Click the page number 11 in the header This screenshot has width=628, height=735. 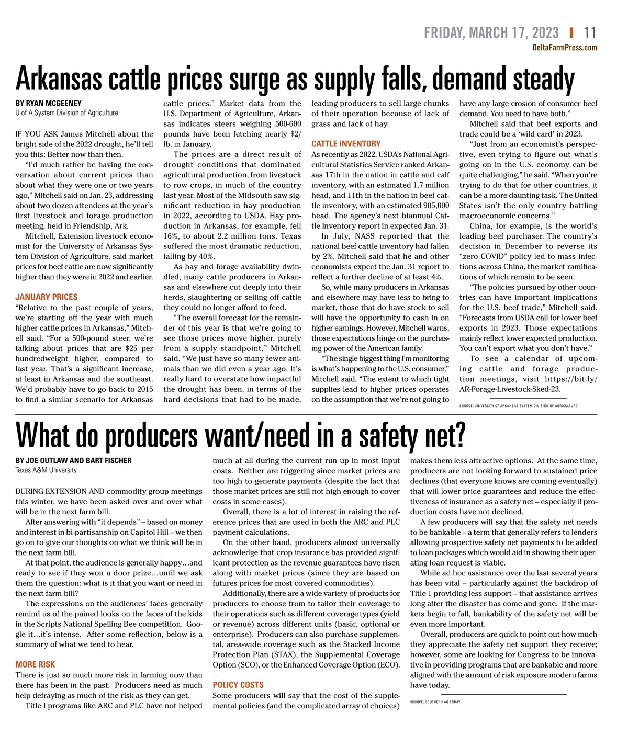pyautogui.click(x=590, y=32)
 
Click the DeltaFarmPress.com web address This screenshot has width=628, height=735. pyautogui.click(x=564, y=48)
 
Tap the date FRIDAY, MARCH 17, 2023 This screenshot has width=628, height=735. pyautogui.click(x=491, y=32)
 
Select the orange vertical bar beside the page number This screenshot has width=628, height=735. pyautogui.click(x=571, y=32)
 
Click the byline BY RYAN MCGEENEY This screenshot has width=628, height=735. pyautogui.click(x=48, y=103)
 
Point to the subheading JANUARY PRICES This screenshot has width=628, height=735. pyautogui.click(x=46, y=297)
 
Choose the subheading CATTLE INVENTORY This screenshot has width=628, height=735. pyautogui.click(x=346, y=144)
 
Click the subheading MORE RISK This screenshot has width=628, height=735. pyautogui.click(x=35, y=664)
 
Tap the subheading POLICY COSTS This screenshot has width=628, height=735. pyautogui.click(x=238, y=685)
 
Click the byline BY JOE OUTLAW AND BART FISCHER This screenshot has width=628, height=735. pyautogui.click(x=73, y=460)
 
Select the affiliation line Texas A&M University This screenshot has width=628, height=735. pyautogui.click(x=46, y=470)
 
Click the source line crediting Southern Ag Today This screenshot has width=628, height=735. pyautogui.click(x=435, y=702)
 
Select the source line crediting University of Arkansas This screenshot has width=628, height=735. pyautogui.click(x=518, y=405)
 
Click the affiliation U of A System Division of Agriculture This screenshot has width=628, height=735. pyautogui.click(x=66, y=112)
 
